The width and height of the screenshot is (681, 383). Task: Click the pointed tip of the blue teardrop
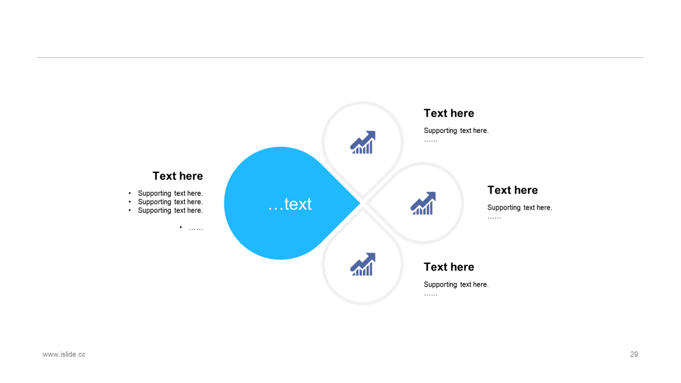tap(360, 203)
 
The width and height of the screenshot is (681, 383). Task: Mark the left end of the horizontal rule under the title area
tap(37, 57)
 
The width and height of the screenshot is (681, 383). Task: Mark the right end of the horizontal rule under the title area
tap(644, 57)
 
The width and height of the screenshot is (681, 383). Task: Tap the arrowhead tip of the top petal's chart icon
tap(375, 131)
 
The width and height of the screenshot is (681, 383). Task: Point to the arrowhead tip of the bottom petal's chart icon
tap(375, 253)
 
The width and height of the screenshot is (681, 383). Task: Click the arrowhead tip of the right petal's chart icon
tap(435, 192)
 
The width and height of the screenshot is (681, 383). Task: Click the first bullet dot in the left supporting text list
tap(130, 193)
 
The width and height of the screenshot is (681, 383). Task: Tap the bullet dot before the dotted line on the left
tap(180, 227)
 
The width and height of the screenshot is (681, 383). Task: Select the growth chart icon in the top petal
tap(363, 142)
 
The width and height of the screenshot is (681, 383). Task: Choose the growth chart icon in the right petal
tap(423, 203)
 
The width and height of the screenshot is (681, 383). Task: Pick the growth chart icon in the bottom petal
tap(363, 264)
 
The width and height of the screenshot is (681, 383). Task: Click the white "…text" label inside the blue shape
tap(290, 204)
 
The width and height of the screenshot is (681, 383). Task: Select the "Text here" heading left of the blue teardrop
tap(178, 176)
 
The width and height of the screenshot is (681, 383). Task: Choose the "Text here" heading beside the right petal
tap(512, 190)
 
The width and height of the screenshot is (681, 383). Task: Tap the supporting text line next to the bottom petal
tap(456, 285)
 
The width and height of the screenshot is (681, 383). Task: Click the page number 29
tap(634, 354)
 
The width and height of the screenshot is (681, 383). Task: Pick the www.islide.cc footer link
tap(64, 354)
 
